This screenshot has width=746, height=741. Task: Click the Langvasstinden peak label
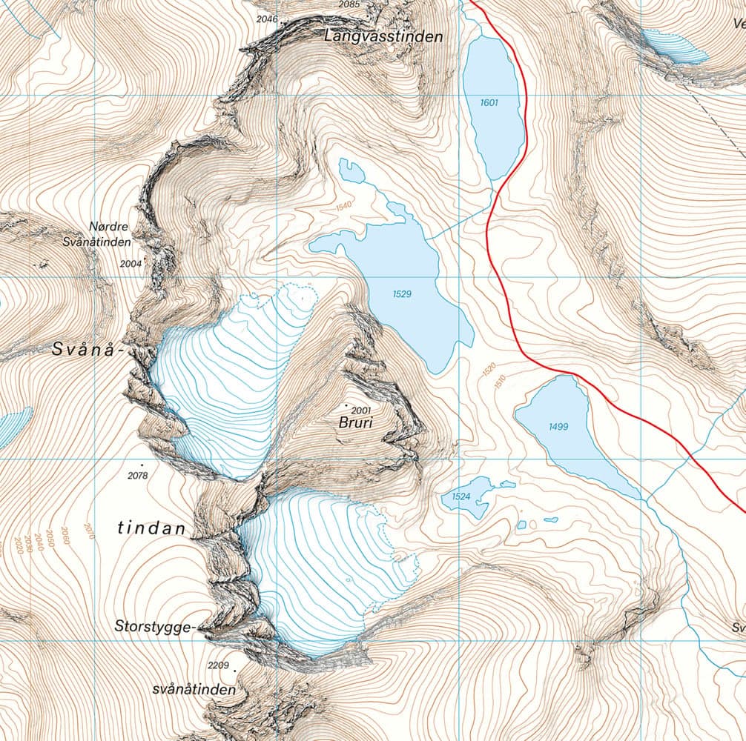click(x=383, y=36)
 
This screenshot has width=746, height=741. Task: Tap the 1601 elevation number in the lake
click(x=489, y=103)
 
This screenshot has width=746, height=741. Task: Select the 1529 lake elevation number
click(x=402, y=294)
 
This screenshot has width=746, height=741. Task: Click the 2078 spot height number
click(x=138, y=474)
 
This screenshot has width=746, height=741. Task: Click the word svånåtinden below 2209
click(x=194, y=689)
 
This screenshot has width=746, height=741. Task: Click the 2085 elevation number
click(x=349, y=4)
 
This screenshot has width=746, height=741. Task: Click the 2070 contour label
click(x=89, y=531)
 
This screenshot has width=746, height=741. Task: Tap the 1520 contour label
click(x=488, y=368)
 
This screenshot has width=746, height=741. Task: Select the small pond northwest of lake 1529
click(x=351, y=171)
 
